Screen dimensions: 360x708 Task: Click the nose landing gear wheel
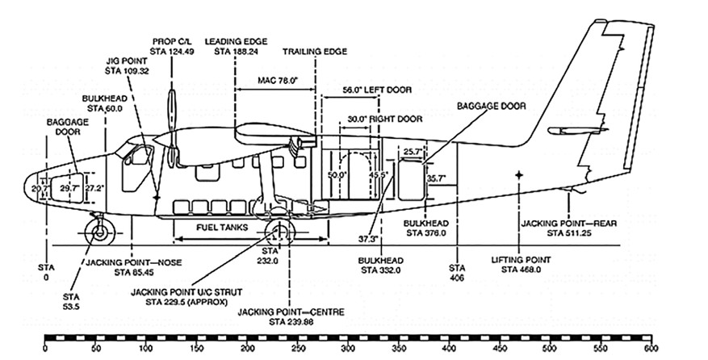coord(99,232)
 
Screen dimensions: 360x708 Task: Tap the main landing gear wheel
coord(279,234)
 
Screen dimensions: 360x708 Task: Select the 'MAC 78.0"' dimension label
coord(276,79)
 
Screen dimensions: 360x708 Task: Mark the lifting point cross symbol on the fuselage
coord(518,174)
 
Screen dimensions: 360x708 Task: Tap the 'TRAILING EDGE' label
coord(315,50)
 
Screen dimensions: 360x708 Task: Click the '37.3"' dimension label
coord(367,239)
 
